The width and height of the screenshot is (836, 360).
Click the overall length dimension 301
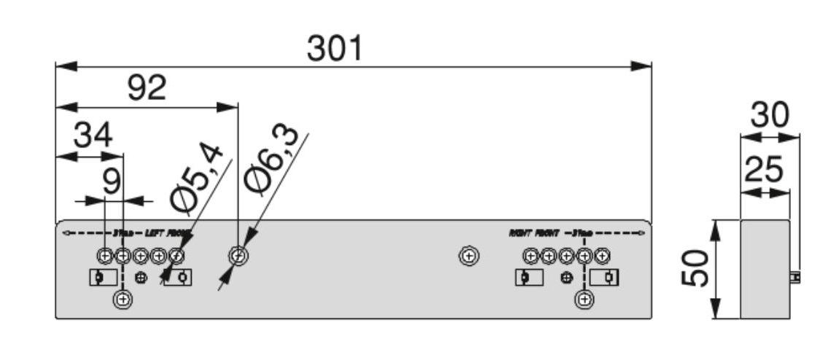[335, 49]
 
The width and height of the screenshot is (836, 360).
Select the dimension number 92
[147, 88]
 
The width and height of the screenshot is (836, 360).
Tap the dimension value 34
[93, 136]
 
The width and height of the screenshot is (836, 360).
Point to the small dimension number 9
[111, 181]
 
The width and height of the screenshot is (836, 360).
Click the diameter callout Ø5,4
[195, 179]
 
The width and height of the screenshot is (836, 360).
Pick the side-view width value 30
[771, 115]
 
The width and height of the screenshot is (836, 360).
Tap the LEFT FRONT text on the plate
[168, 233]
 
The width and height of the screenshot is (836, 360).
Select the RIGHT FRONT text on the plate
[534, 233]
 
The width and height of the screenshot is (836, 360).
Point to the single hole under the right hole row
[584, 299]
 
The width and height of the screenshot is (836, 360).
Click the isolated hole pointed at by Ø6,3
[238, 256]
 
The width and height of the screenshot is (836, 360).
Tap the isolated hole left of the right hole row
[469, 256]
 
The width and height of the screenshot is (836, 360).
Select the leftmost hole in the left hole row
[105, 256]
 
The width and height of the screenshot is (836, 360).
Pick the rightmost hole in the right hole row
[601, 256]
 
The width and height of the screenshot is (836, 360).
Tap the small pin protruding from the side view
[795, 278]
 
